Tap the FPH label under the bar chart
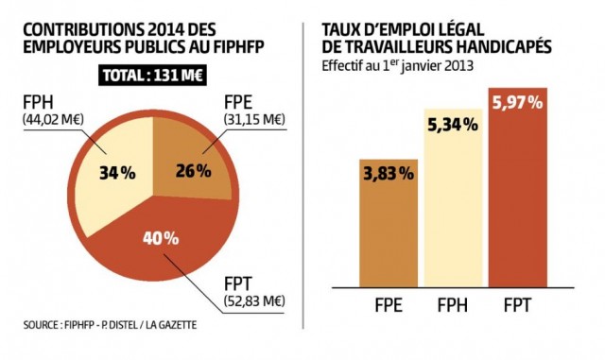(453, 306)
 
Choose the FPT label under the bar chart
(515, 306)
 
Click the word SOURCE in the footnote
(46, 326)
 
